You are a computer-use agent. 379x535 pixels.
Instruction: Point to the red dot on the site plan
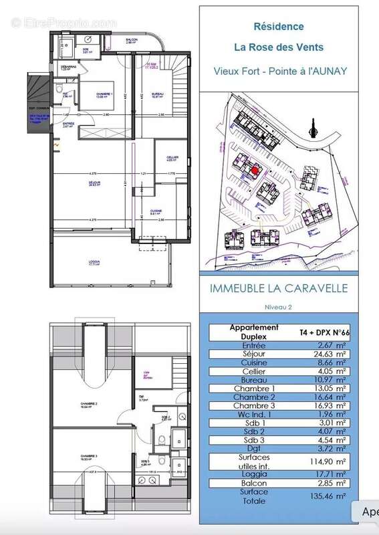tap(254, 170)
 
